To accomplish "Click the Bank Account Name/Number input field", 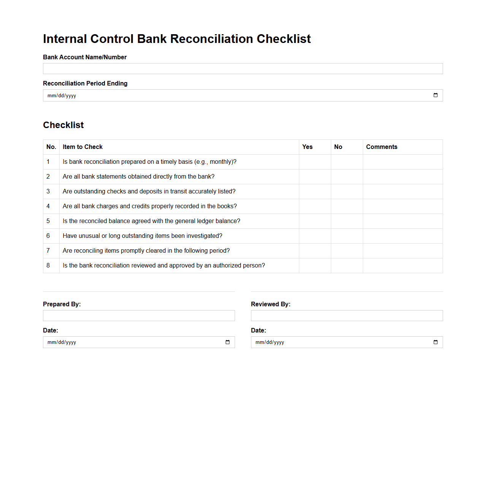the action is (x=243, y=69).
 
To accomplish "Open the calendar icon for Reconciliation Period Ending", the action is (x=435, y=95).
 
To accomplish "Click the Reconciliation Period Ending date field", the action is (x=228, y=95).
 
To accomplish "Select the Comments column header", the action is (x=381, y=147).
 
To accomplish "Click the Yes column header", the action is (x=307, y=147).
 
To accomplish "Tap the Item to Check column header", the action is (x=83, y=147).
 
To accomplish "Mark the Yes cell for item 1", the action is (x=315, y=162).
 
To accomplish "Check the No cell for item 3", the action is (x=347, y=192).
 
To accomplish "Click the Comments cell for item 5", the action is (x=403, y=221).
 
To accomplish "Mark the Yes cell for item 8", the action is (x=315, y=266).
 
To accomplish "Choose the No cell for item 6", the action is (x=347, y=236).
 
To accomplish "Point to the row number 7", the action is (x=48, y=251).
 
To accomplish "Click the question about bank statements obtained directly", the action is (x=138, y=177).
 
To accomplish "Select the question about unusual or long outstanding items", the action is (x=142, y=236).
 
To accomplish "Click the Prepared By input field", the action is (x=139, y=316).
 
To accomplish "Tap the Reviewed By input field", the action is (x=347, y=316).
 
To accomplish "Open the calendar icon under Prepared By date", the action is (x=227, y=342).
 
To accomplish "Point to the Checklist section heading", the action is (x=64, y=125).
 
